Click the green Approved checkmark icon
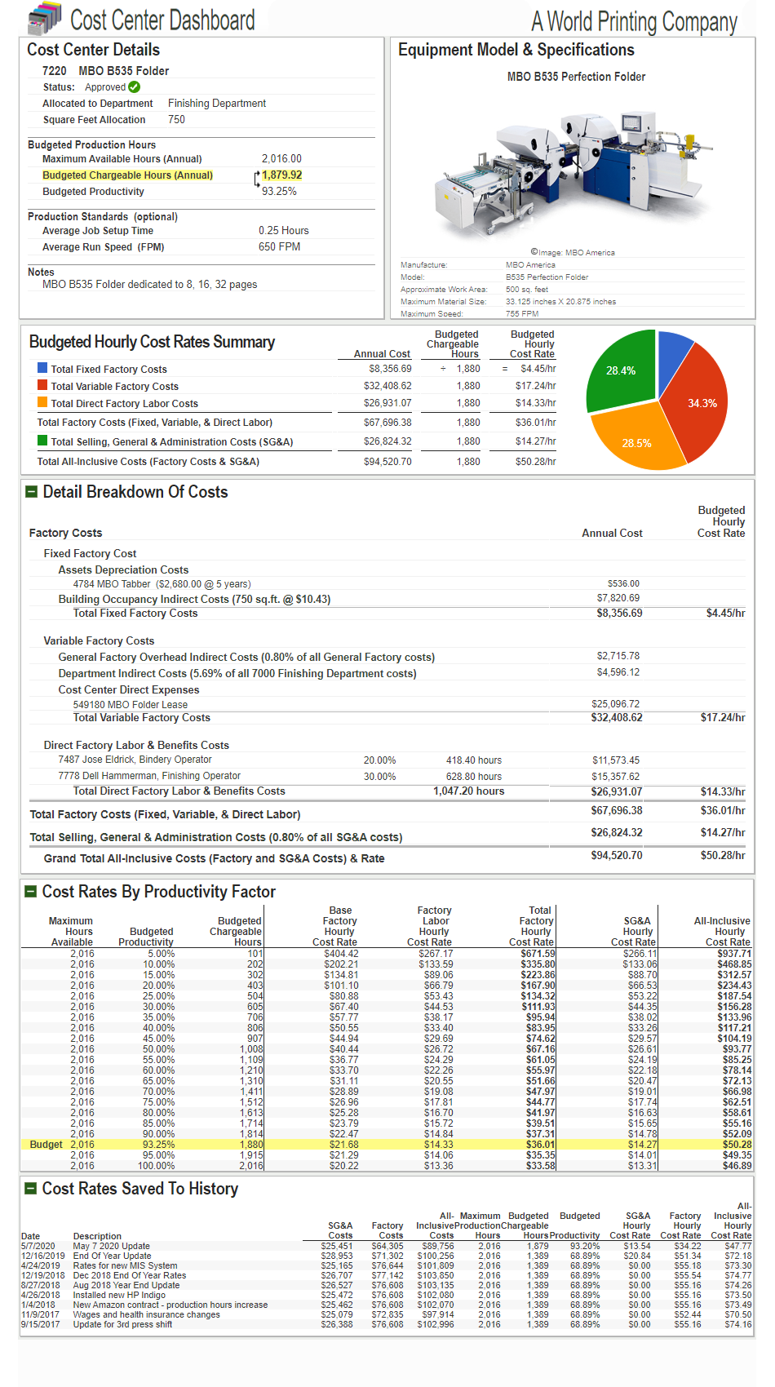coord(135,87)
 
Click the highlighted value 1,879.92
coord(282,175)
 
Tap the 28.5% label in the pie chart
coord(636,444)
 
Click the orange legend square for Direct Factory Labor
coord(42,402)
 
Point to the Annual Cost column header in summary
coord(382,354)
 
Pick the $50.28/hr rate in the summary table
coord(535,462)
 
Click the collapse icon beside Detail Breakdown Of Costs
coord(32,492)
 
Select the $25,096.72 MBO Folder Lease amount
coord(615,704)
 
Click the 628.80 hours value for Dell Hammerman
coord(474,777)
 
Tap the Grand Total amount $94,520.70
coord(616,856)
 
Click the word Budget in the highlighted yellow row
coord(46,1145)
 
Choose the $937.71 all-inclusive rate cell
coord(734,954)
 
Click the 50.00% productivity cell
coord(158,1049)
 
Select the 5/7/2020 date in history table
coord(38,1246)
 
